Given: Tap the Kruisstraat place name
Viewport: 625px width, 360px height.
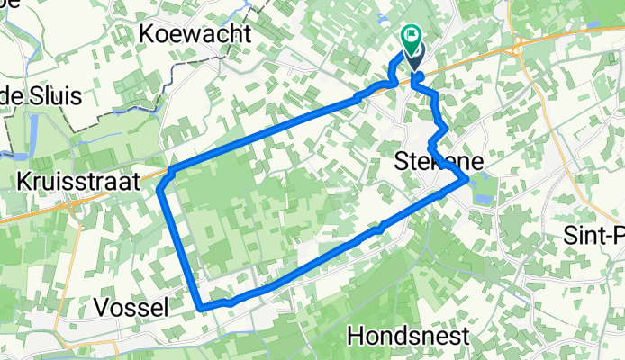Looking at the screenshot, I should point(78,180).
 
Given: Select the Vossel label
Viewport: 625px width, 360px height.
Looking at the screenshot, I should point(131,307).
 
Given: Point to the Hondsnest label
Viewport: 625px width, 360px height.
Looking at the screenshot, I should point(408,337).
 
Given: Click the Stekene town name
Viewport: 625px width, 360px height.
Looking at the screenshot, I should point(439,162).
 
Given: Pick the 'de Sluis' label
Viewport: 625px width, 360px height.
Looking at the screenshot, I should point(41,95).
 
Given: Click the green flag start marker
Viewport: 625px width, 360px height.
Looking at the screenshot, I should point(412,37).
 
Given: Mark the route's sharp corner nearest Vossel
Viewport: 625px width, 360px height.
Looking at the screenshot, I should point(200,307).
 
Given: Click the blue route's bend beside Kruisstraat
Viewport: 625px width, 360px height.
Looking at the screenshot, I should point(162,187).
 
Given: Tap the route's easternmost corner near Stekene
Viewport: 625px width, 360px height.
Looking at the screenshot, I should point(466,180).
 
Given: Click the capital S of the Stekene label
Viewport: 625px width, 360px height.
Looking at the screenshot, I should point(403,162).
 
